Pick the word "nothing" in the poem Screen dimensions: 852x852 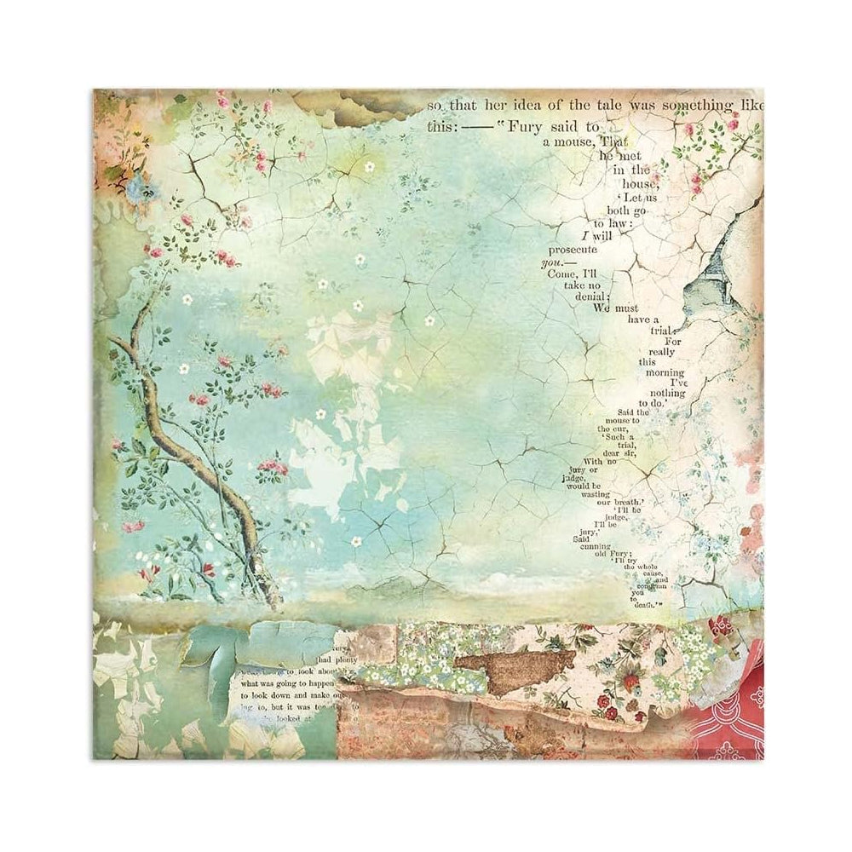point(665,393)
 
